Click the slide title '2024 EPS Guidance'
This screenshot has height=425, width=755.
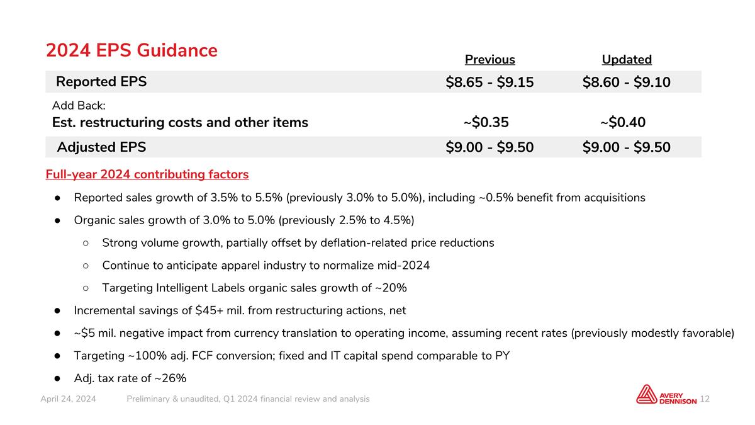click(131, 50)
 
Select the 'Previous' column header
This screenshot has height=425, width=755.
click(489, 59)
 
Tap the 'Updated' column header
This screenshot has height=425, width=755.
click(627, 59)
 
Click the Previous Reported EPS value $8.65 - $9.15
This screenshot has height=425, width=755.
click(489, 82)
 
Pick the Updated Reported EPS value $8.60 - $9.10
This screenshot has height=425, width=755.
click(627, 82)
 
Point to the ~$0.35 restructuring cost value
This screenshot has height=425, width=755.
click(486, 122)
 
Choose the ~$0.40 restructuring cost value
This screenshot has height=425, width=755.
click(623, 122)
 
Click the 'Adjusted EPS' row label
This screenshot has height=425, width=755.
click(101, 147)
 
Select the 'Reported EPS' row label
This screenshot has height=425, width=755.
click(101, 82)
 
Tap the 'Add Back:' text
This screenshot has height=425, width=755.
click(79, 106)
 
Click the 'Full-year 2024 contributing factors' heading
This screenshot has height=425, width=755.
click(147, 174)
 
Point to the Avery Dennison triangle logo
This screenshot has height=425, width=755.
click(647, 394)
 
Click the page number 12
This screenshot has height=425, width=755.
click(705, 399)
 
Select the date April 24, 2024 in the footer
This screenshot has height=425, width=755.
click(68, 399)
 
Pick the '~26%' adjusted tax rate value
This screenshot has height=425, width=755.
click(171, 378)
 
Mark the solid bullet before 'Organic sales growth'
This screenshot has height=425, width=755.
click(57, 220)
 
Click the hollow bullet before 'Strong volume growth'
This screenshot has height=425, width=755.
click(86, 243)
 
